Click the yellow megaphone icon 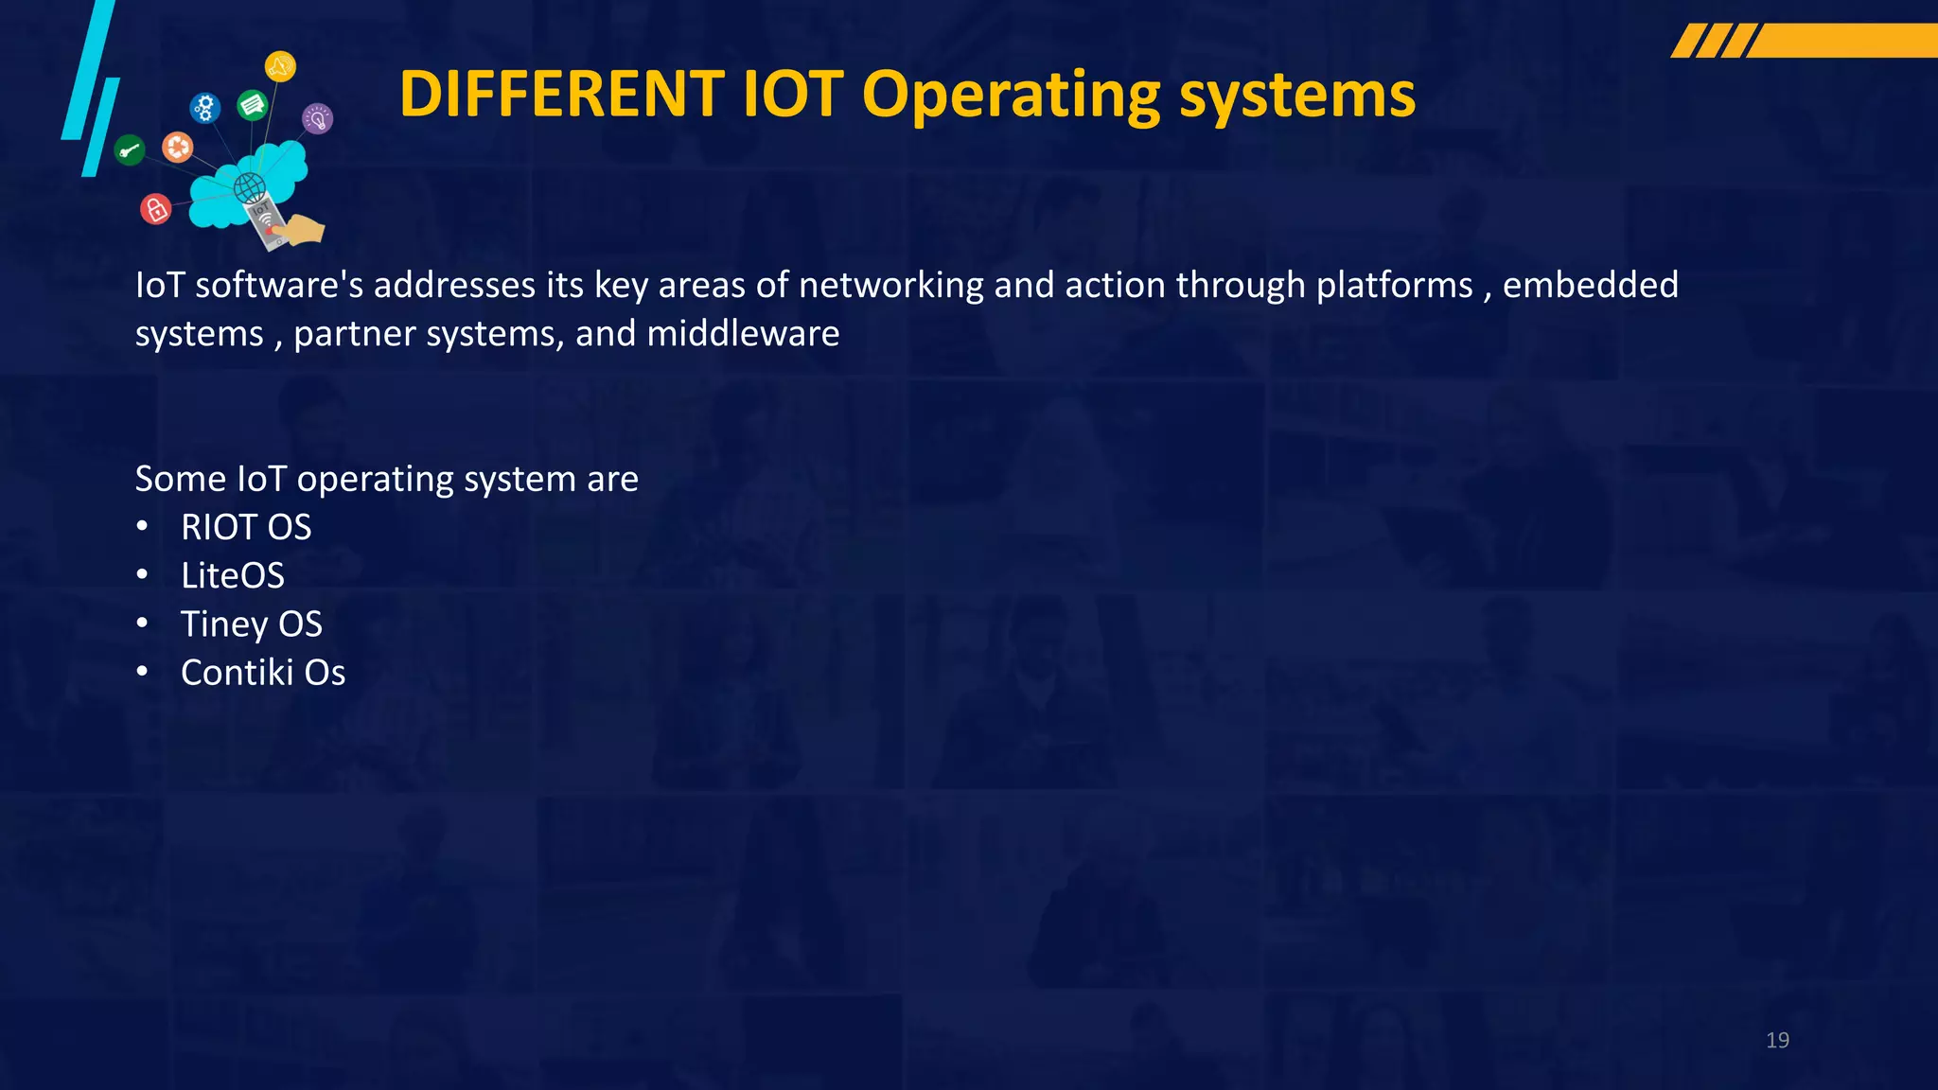[280, 66]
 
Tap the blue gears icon [204, 108]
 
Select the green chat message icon [253, 104]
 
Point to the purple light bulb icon [317, 119]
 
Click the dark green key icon [130, 149]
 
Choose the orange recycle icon [178, 147]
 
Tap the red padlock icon [156, 208]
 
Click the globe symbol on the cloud [250, 187]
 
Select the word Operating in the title [1011, 97]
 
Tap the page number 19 [1777, 1040]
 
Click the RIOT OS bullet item [246, 527]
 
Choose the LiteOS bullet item [233, 575]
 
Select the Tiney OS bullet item [252, 624]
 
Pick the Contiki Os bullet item [263, 673]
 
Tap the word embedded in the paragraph [1590, 285]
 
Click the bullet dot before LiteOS [142, 574]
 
